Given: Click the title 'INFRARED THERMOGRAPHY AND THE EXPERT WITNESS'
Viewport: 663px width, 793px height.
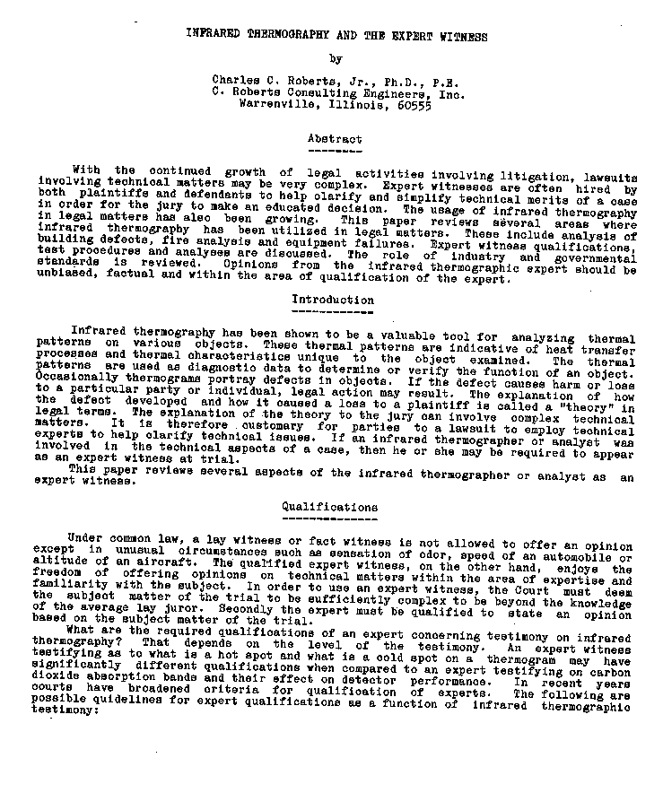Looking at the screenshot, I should [336, 37].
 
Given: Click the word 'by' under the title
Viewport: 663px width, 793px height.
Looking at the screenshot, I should [336, 59].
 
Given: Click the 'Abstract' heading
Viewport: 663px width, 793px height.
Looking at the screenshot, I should [335, 139].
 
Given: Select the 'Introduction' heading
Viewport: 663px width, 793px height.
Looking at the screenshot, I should [333, 300].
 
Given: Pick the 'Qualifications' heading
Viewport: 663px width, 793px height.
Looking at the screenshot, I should [329, 507].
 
